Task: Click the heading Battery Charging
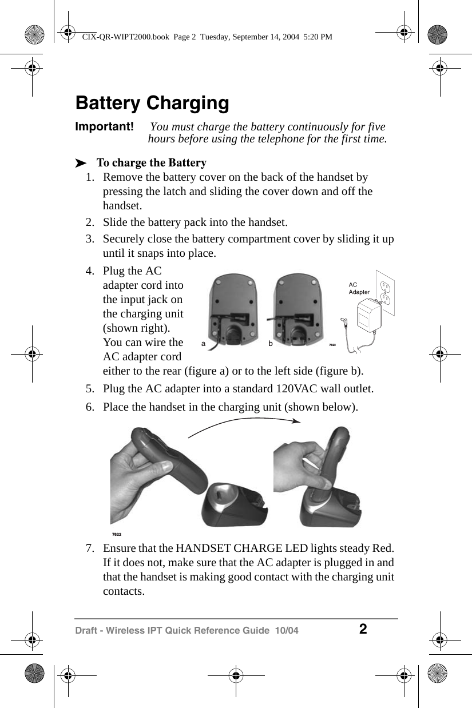pos(152,104)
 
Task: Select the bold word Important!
pos(105,126)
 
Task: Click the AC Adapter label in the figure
pos(359,288)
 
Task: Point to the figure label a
pos(203,344)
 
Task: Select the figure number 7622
pos(117,534)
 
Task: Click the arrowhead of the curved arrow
pos(296,421)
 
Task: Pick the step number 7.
pos(90,549)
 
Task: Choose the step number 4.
pos(90,271)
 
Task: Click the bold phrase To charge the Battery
pos(152,163)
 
